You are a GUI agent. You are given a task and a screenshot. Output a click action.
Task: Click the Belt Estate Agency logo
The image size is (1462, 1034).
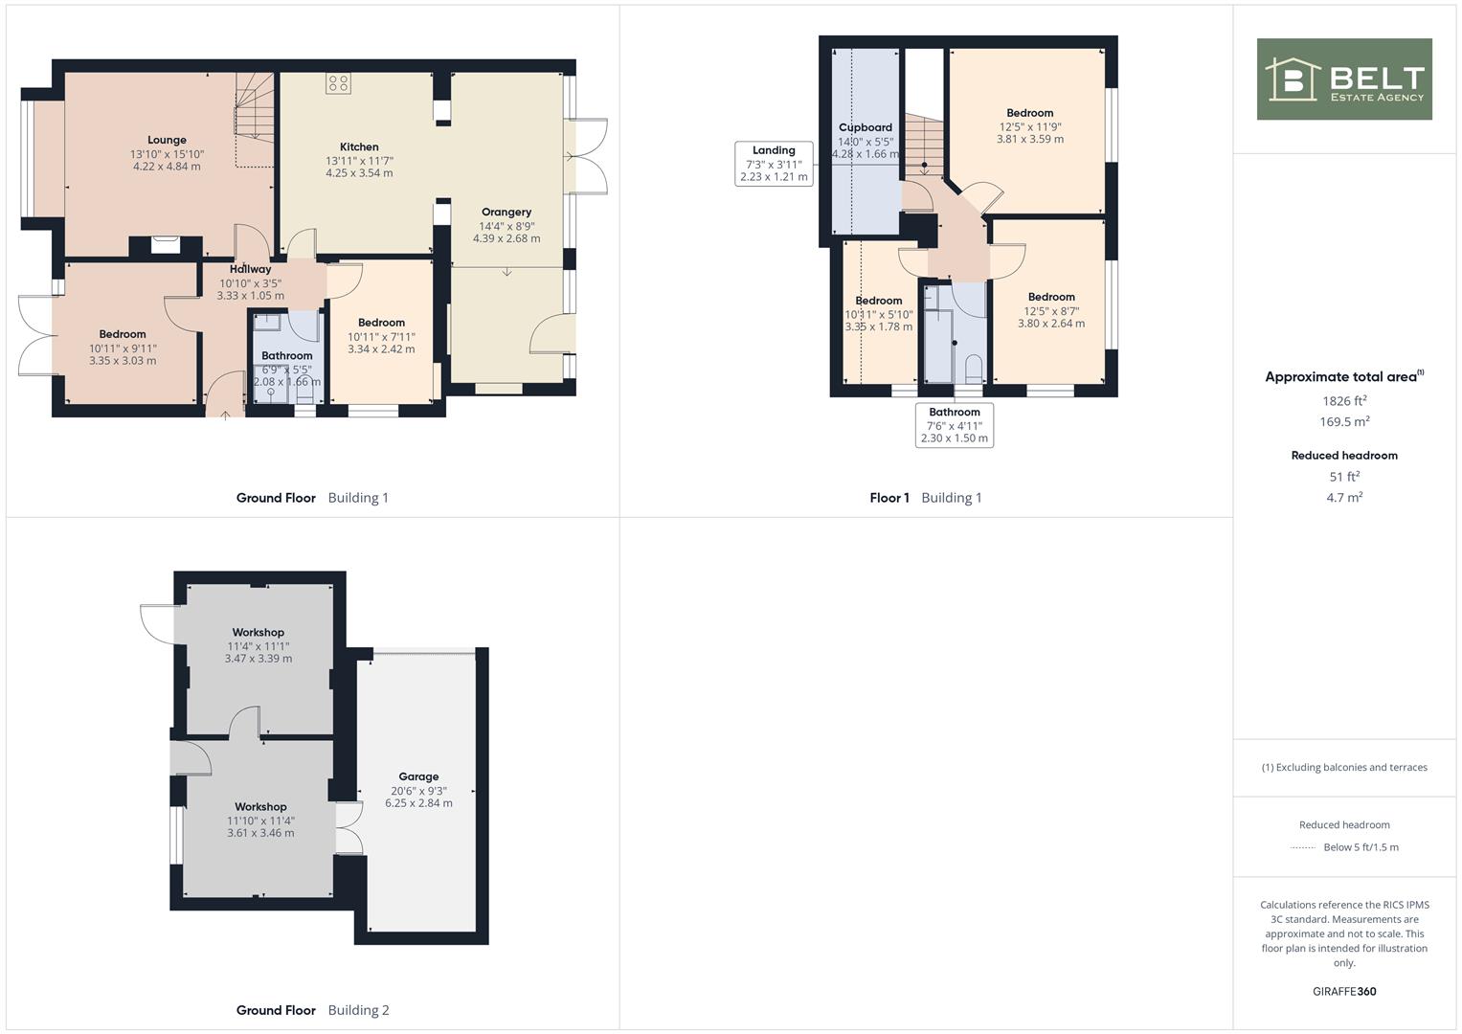pos(1344,79)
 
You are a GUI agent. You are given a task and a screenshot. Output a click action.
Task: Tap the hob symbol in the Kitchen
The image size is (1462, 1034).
pos(339,83)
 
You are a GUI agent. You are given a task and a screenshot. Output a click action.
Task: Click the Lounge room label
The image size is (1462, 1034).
pos(168,140)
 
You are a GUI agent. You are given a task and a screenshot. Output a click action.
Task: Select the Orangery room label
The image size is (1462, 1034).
pos(506,213)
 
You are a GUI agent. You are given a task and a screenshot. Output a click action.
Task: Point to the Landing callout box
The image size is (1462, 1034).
pos(774,164)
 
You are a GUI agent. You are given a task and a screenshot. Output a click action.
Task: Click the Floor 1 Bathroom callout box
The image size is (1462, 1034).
pos(955,425)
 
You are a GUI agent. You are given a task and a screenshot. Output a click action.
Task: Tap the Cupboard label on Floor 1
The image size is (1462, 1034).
pos(866,127)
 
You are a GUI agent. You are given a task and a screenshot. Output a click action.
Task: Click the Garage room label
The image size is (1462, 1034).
pos(418,776)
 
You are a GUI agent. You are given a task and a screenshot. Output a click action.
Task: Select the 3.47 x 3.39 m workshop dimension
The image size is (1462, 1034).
pos(259,659)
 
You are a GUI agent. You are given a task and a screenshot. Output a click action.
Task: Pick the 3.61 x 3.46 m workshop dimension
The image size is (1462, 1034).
pos(260,833)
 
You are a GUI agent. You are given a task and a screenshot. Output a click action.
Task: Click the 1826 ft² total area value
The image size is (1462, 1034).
pos(1344,401)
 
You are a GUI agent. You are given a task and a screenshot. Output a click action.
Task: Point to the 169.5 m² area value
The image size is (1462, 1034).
pos(1344,421)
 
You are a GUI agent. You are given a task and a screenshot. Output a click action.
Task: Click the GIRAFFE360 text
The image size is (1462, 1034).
pos(1344,991)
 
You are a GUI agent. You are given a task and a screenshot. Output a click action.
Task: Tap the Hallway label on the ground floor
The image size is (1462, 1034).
pos(251,269)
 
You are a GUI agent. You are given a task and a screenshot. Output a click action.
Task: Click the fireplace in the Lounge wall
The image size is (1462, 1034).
pos(165,245)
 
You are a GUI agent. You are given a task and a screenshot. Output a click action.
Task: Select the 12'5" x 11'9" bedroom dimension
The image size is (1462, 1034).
pos(1030,127)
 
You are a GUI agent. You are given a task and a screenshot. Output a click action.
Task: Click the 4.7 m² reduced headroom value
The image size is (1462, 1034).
pos(1344,498)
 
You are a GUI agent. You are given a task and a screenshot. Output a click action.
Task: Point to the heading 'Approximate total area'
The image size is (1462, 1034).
pos(1344,376)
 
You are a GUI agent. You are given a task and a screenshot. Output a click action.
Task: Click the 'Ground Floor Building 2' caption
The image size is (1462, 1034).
pos(313,1010)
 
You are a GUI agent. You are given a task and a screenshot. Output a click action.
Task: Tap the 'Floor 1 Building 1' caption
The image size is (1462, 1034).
pos(926,498)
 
